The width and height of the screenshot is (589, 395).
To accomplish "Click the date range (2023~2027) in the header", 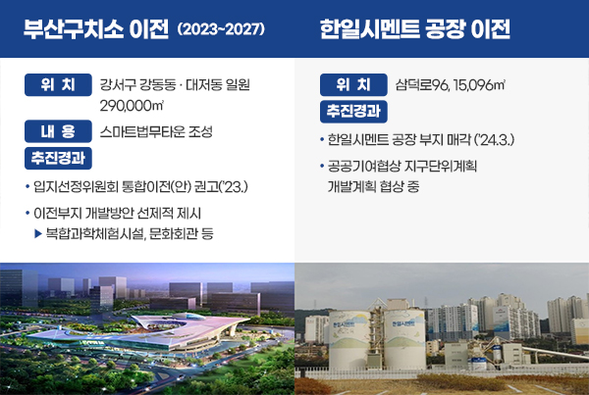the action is (x=221, y=28).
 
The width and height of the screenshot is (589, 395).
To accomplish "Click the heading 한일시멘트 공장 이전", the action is (x=414, y=28).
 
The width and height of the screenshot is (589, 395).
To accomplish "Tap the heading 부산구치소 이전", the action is (x=96, y=28).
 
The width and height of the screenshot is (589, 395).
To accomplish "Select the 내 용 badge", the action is (x=58, y=131).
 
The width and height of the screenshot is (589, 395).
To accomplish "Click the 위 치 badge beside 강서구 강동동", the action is (x=58, y=84).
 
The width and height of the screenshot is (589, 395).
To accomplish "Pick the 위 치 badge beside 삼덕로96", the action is (x=353, y=84).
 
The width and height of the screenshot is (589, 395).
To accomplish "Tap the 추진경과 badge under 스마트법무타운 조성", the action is (x=58, y=158).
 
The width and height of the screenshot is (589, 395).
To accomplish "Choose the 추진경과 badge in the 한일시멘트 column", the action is (x=353, y=112).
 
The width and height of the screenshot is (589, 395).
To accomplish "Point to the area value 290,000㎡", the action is (x=132, y=106).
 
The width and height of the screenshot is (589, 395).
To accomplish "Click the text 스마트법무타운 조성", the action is (x=156, y=131).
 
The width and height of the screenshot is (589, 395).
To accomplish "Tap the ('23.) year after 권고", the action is (x=234, y=186).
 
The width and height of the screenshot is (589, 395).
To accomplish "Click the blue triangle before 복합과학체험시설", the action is (x=38, y=233).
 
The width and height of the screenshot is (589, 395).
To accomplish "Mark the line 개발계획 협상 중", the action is (x=373, y=186).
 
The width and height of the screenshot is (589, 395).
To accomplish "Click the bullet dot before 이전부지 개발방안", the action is (x=27, y=213).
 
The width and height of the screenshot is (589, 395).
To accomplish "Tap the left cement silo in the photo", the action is (x=348, y=339).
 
